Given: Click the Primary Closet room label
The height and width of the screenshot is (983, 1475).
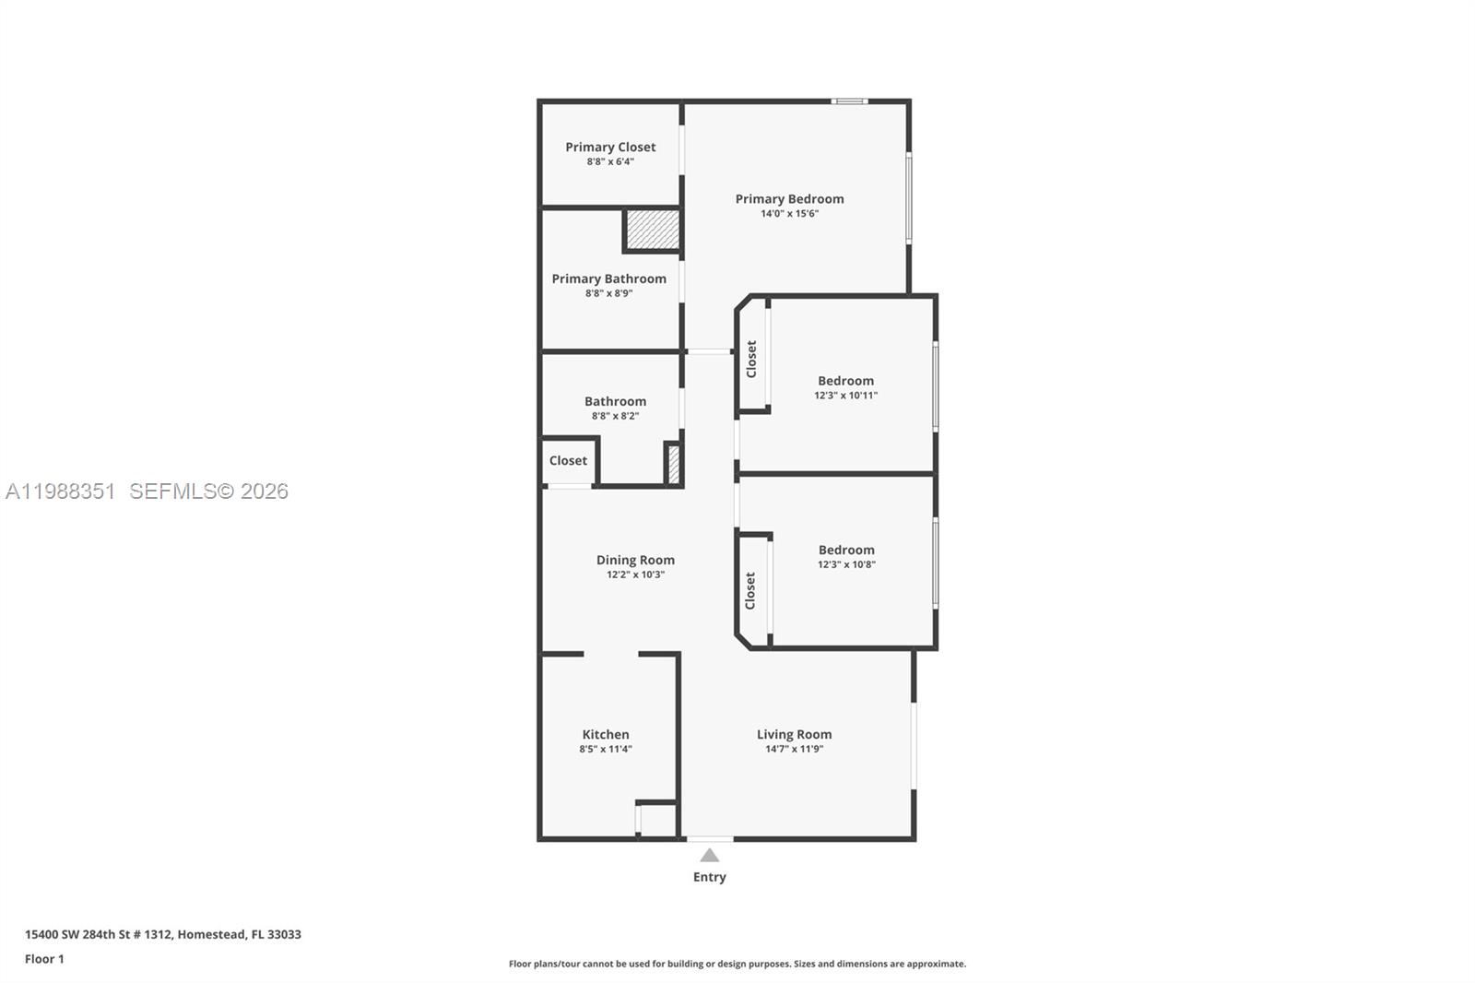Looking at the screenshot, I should [x=610, y=147].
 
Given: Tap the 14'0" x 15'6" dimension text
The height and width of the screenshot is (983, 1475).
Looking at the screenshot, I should [x=789, y=214].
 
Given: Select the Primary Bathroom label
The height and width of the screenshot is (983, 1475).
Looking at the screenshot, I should [x=608, y=278].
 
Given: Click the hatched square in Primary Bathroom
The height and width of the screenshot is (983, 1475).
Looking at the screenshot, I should [x=653, y=230].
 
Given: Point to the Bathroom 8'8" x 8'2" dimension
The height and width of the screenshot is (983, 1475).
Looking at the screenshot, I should [x=615, y=416].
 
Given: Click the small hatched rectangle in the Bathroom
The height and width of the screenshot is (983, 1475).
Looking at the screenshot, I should [x=674, y=464].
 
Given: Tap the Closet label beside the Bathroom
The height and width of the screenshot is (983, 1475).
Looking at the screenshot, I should [x=568, y=460].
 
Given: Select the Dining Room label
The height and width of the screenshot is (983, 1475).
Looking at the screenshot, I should [x=635, y=560].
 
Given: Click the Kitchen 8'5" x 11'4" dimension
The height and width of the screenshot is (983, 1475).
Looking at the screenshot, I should [x=606, y=750].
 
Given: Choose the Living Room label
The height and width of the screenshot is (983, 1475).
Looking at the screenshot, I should [x=794, y=734].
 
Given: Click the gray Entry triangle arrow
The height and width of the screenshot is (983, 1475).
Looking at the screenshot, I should [x=709, y=856].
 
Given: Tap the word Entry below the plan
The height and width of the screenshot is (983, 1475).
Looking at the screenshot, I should [x=709, y=877].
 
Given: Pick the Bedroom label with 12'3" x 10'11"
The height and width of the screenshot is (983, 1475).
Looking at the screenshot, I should [x=845, y=380].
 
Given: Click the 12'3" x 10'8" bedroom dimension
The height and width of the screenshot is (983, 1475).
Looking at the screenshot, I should [x=846, y=564].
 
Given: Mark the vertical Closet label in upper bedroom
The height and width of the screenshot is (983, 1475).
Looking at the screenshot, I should [x=751, y=359].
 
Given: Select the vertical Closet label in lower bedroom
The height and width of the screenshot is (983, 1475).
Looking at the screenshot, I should [x=750, y=590].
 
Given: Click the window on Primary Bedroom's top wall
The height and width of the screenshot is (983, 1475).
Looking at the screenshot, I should [x=849, y=101].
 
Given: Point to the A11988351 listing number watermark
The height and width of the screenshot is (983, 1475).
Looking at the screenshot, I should [x=60, y=491].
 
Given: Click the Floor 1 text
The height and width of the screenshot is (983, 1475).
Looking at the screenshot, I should [x=44, y=959].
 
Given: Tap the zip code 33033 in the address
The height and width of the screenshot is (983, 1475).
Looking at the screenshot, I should [x=284, y=934].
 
